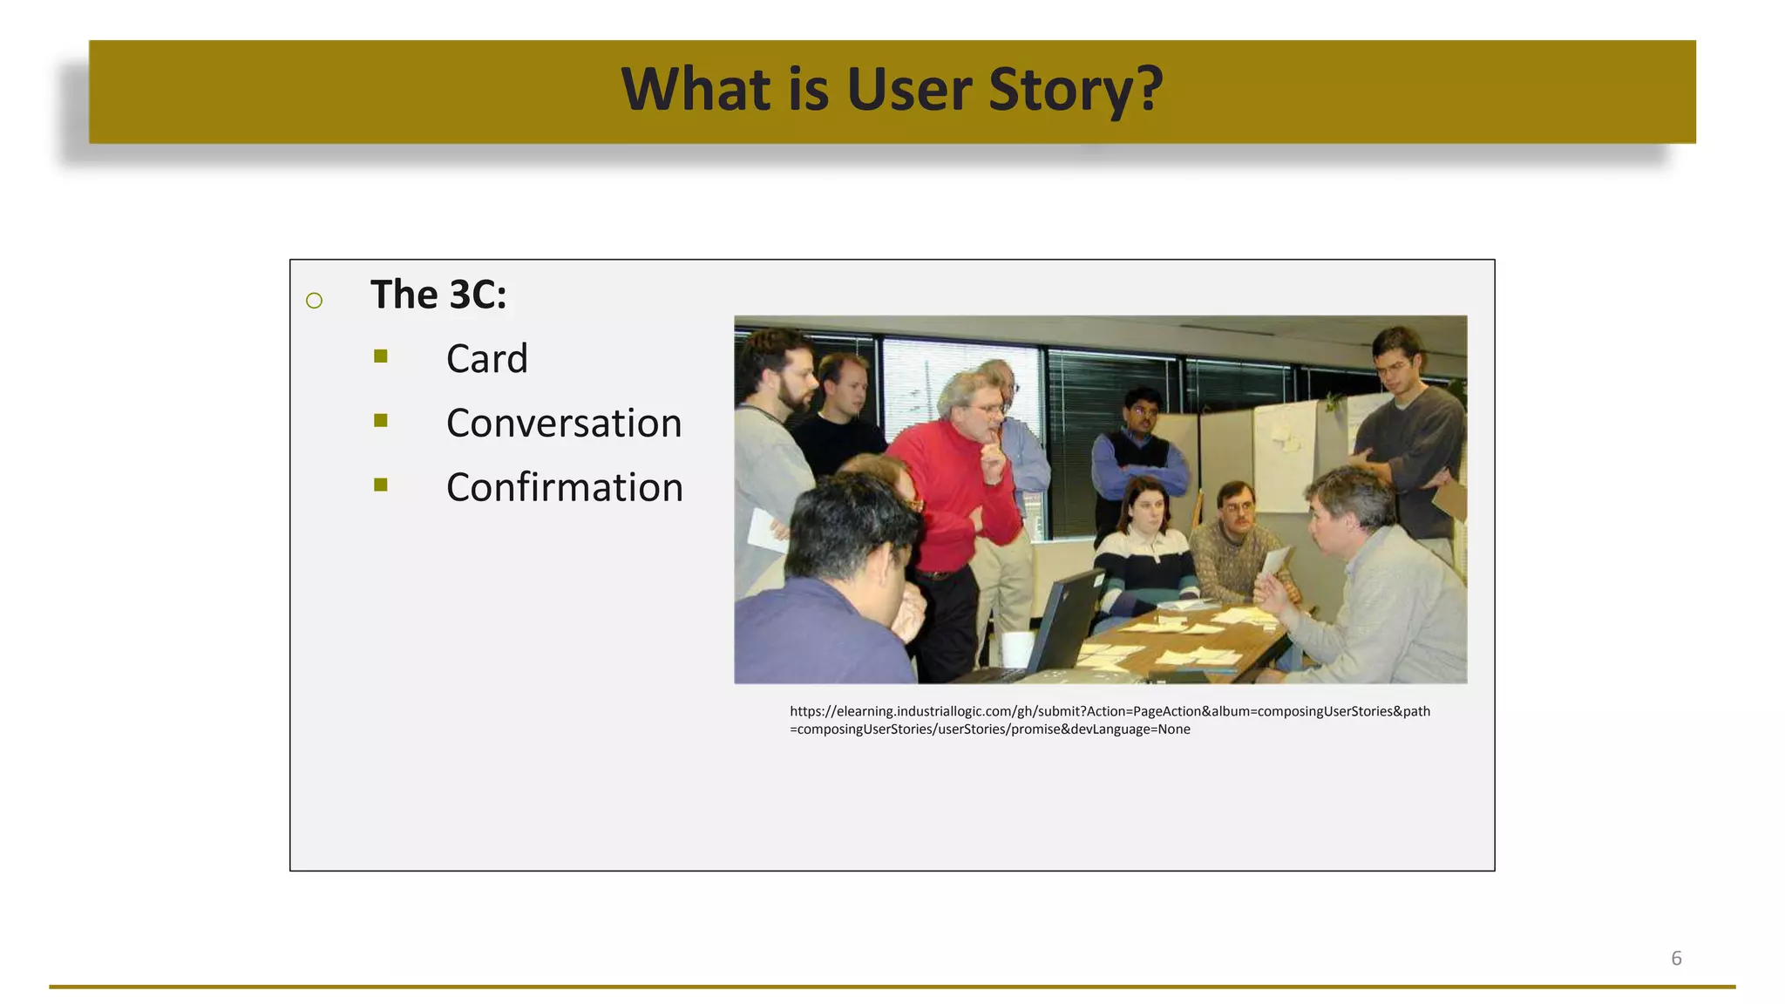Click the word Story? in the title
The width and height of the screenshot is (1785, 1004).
[1076, 91]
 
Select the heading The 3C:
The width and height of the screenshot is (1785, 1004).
[438, 295]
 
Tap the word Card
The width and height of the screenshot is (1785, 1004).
[486, 359]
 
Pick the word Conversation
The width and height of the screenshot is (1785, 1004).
[563, 424]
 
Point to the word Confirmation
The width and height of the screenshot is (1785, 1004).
[564, 488]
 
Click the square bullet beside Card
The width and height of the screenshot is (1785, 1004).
[381, 356]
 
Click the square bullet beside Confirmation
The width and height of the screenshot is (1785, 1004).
[381, 485]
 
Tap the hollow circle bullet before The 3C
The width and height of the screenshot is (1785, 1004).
[315, 302]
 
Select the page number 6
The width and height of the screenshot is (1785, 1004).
[1675, 959]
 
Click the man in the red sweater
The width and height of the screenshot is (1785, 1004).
[954, 488]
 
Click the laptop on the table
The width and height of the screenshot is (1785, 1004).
[1059, 627]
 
